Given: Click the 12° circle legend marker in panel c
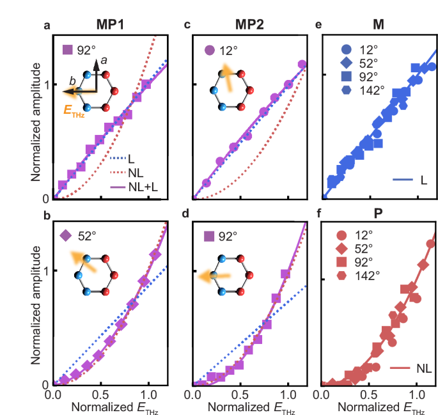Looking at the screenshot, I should pos(208,49).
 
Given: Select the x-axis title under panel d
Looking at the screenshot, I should pos(248,405).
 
